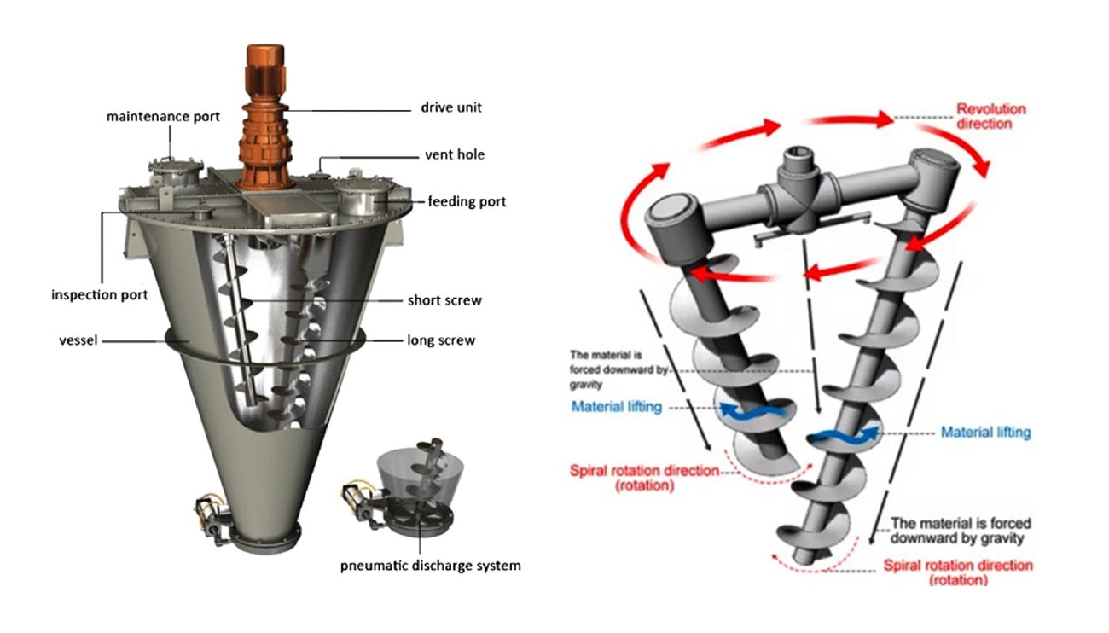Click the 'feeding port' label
click(x=467, y=202)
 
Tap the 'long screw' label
click(x=441, y=340)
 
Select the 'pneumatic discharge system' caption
click(x=428, y=566)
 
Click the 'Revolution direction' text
click(x=990, y=116)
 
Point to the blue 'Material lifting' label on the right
click(x=985, y=433)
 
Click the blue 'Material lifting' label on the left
click(x=616, y=407)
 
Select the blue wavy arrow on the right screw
click(x=843, y=436)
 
